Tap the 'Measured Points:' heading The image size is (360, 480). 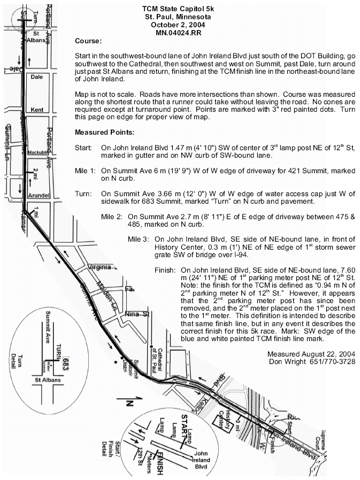tap(105, 132)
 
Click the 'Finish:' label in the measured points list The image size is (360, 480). tap(164, 271)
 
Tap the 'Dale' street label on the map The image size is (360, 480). tap(36, 77)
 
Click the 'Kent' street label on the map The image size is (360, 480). tap(37, 109)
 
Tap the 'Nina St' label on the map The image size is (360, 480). tap(136, 314)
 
